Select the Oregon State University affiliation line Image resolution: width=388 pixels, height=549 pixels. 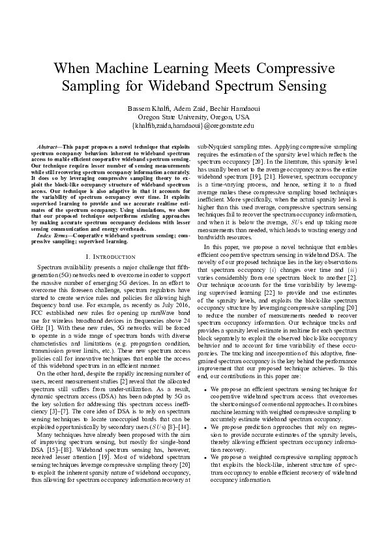pos(194,116)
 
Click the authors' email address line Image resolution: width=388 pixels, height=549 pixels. pos(194,125)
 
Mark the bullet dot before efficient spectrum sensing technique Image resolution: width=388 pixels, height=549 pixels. pos(206,390)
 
